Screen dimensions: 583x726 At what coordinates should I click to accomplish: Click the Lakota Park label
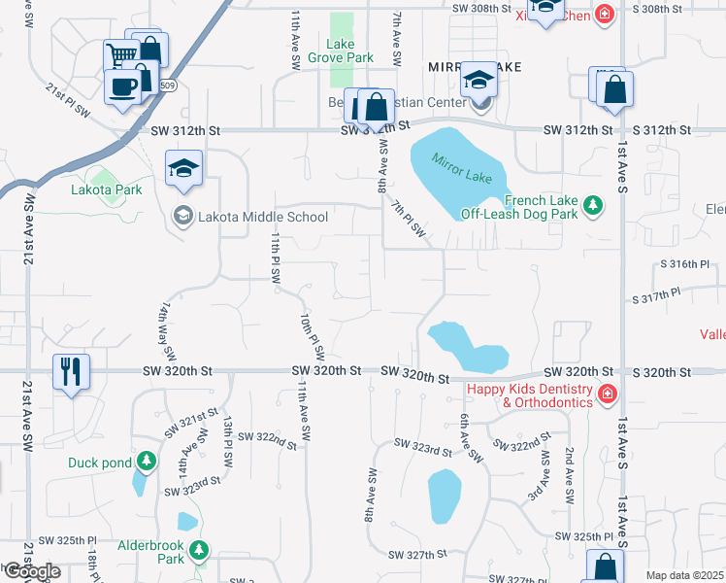107,189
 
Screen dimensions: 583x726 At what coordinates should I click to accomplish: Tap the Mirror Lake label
457,162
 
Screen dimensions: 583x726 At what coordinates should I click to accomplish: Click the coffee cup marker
122,86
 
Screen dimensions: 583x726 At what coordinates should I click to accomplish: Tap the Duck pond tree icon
147,460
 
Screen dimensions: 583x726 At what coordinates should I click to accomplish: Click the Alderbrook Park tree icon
198,551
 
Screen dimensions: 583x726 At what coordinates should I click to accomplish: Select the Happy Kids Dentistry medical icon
607,393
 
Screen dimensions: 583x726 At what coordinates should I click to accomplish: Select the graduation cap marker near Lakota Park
182,167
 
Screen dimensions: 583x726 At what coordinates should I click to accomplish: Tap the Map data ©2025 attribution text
684,575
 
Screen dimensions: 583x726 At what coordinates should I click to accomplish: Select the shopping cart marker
120,56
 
